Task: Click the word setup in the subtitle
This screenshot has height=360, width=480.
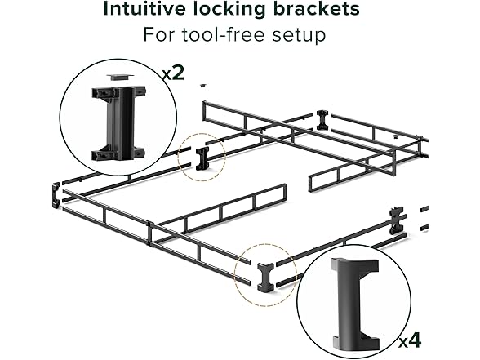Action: click(299, 36)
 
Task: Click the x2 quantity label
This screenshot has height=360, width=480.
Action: click(173, 73)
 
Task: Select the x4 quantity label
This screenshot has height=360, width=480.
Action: click(410, 340)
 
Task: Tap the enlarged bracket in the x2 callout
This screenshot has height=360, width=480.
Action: click(118, 124)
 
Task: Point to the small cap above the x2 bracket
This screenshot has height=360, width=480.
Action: click(120, 77)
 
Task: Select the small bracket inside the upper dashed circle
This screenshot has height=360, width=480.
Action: click(202, 158)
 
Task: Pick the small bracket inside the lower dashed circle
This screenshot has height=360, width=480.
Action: click(264, 277)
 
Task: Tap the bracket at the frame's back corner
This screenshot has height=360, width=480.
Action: click(322, 120)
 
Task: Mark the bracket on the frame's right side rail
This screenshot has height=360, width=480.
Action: click(397, 221)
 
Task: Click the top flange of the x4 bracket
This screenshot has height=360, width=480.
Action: click(355, 266)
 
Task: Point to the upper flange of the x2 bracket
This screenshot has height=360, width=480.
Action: click(118, 93)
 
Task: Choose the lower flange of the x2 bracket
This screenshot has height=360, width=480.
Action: click(118, 153)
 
